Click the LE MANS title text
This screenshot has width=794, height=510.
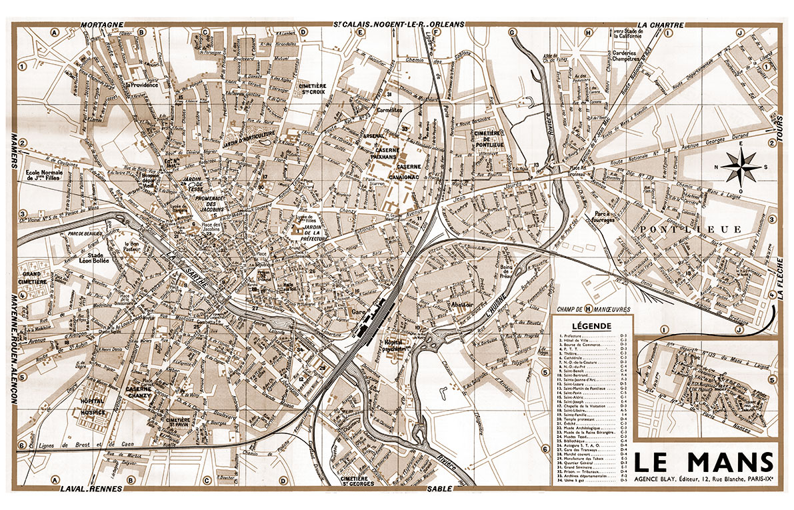pyautogui.click(x=705, y=462)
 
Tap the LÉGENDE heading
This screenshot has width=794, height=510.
pyautogui.click(x=591, y=326)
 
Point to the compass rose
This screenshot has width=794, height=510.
pyautogui.click(x=741, y=166)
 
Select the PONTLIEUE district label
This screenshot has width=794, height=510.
pyautogui.click(x=689, y=229)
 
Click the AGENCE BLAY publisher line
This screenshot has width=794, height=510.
pyautogui.click(x=704, y=479)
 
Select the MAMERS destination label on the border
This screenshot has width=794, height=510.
pyautogui.click(x=13, y=150)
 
